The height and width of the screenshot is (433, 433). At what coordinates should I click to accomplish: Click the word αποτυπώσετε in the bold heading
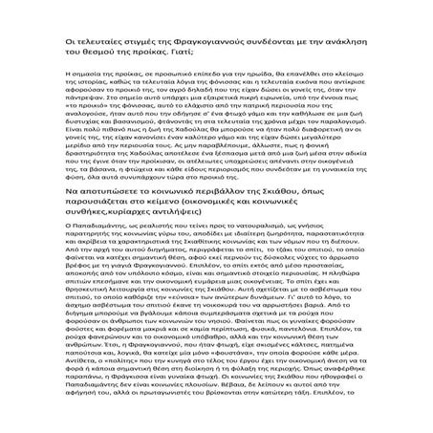tap(87, 219)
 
